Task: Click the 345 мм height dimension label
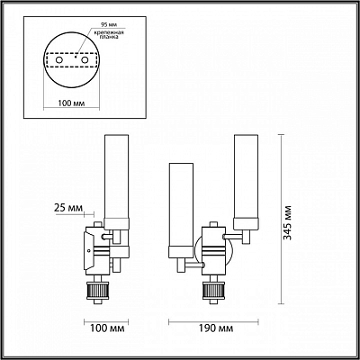click(288, 222)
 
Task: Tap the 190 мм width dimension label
click(216, 328)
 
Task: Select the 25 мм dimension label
click(67, 208)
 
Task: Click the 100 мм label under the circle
click(71, 103)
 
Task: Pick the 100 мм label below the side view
click(107, 328)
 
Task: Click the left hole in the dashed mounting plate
click(59, 60)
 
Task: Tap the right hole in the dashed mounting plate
click(85, 60)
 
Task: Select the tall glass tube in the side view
click(116, 177)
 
